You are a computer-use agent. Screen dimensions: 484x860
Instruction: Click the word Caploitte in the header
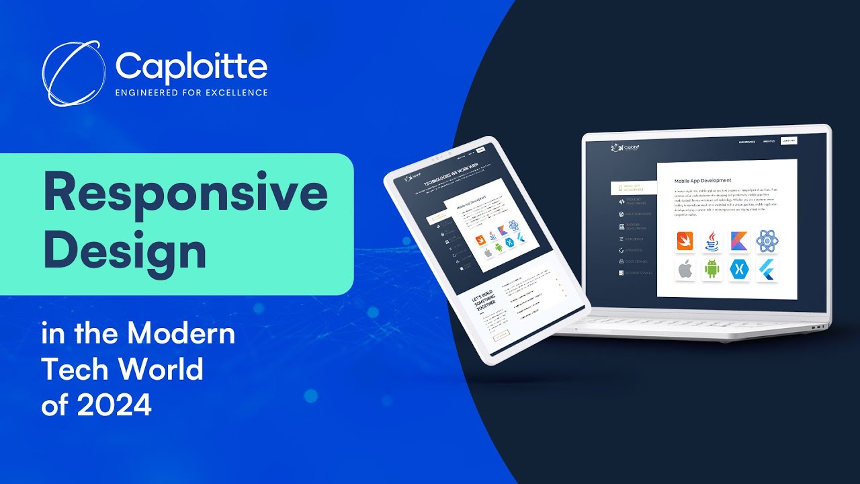point(191,67)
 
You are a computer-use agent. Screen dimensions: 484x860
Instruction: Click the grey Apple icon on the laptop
point(685,270)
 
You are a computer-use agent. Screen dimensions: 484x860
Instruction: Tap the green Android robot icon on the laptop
point(712,270)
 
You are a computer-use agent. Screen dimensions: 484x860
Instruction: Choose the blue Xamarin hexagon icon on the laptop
point(740,270)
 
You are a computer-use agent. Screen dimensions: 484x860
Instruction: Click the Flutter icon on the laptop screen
point(767,270)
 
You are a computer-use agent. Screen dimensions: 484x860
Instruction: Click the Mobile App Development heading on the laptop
point(702,181)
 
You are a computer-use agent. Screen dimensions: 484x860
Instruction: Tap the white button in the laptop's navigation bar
point(788,141)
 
